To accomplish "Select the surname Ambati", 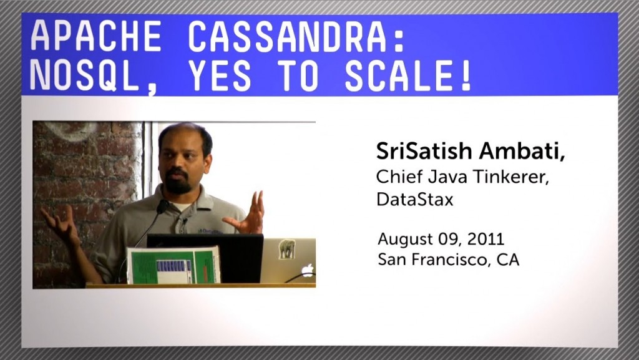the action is [x=522, y=151].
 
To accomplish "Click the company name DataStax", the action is [x=415, y=200].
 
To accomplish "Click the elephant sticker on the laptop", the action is [x=287, y=249].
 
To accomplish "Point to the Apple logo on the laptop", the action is [x=308, y=270].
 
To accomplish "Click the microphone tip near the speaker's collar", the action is [x=162, y=207].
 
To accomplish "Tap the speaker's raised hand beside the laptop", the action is [x=247, y=213].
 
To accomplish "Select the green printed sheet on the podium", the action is [x=173, y=266].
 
